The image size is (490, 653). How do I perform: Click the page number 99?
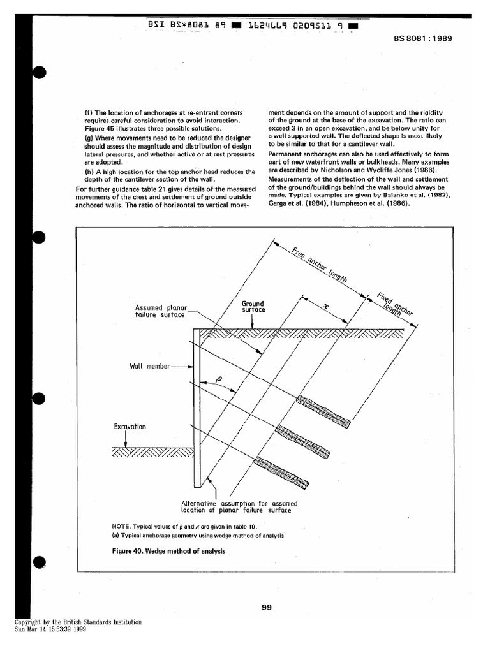(x=267, y=607)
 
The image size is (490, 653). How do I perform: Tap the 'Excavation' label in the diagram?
(x=130, y=426)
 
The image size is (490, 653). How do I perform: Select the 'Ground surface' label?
(x=253, y=307)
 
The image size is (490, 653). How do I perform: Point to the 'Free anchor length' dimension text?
(x=320, y=266)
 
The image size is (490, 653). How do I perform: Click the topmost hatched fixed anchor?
(x=323, y=411)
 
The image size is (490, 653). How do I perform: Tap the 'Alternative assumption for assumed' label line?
(x=239, y=503)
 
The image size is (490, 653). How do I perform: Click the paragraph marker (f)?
(x=89, y=113)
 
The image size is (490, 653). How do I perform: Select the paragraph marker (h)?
(x=89, y=171)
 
